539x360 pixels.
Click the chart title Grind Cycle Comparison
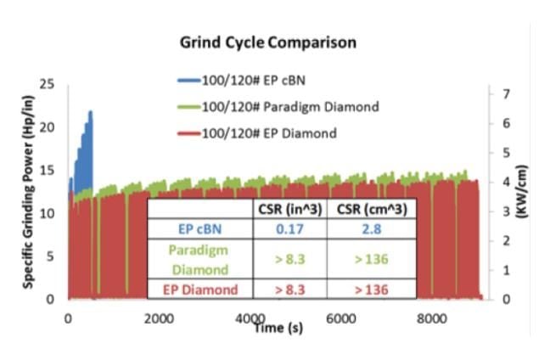point(267,42)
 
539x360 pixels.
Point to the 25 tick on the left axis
point(48,84)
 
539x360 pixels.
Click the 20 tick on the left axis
point(48,127)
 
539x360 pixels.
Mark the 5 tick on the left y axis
point(51,256)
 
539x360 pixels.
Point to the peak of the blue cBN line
point(90,111)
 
